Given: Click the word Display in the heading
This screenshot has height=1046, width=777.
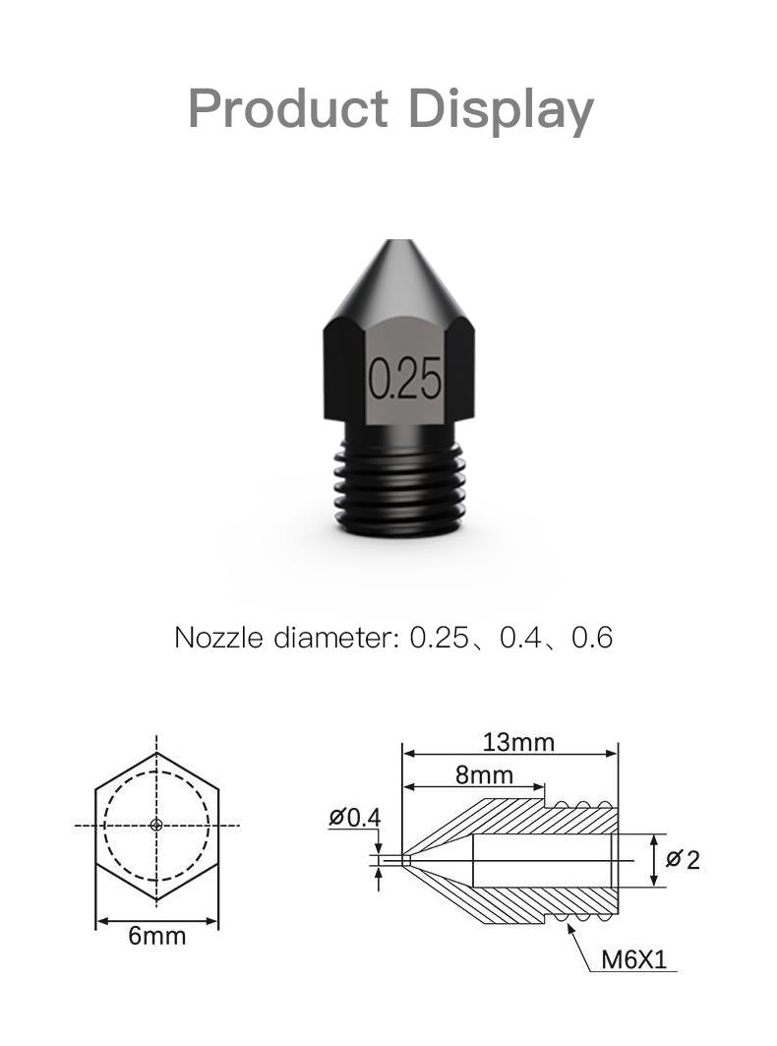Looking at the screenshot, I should pos(501,110).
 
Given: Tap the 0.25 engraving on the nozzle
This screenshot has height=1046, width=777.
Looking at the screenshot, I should pos(404,378).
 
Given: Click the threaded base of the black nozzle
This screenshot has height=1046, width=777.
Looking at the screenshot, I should pos(399,488).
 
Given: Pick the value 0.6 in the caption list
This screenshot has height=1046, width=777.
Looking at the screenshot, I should pos(592,638).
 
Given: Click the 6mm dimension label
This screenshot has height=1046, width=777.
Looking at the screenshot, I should pos(156,935).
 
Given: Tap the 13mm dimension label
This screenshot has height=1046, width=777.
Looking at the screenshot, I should pos(517,741).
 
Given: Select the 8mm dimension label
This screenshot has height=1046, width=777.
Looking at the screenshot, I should pos(484,774).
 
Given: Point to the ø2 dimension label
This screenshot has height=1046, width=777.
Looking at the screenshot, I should pos(683,859).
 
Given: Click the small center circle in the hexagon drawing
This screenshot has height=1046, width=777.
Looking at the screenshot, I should pos(156,825).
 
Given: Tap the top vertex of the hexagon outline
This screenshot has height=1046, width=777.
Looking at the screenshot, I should pos(156,753).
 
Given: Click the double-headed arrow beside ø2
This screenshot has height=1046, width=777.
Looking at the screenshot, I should pos(654,859).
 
